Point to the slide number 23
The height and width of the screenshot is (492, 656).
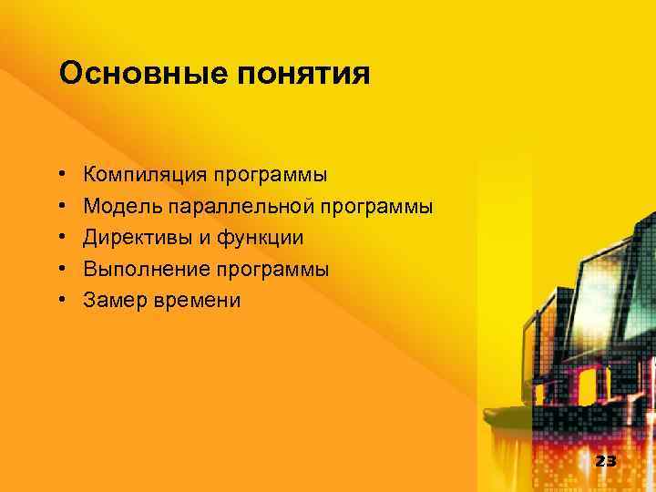[605, 461]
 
